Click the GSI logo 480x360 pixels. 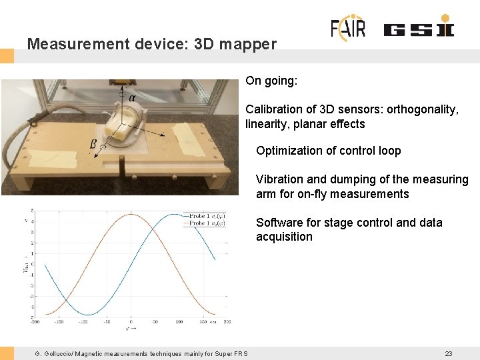(x=419, y=29)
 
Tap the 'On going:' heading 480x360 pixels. (x=271, y=81)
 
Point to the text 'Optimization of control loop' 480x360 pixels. (x=328, y=151)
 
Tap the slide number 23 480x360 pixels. (x=449, y=353)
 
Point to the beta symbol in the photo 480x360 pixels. (x=93, y=143)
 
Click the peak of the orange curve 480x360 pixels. (x=131, y=215)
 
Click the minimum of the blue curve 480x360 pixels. (x=83, y=314)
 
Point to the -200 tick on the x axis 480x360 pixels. (x=35, y=322)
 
